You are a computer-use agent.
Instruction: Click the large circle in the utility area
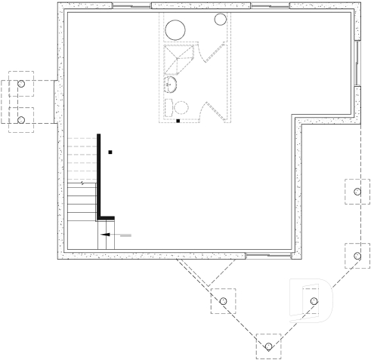coord(175,30)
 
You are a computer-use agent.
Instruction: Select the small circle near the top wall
coord(221,20)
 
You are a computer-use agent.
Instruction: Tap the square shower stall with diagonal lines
coord(178,57)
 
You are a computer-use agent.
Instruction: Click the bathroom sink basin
coord(171,84)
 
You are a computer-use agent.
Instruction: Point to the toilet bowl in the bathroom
coord(180,107)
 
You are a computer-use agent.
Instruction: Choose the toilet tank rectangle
coord(168,106)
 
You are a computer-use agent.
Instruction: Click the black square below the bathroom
coord(178,120)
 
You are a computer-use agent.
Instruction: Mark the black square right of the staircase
coord(110,152)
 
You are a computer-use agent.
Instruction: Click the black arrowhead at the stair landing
coord(107,235)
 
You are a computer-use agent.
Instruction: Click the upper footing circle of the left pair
coord(21,84)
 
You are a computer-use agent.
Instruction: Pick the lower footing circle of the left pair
coord(21,119)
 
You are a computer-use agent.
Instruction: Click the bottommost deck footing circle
coord(268,347)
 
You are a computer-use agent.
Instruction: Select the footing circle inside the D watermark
coord(314,302)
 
